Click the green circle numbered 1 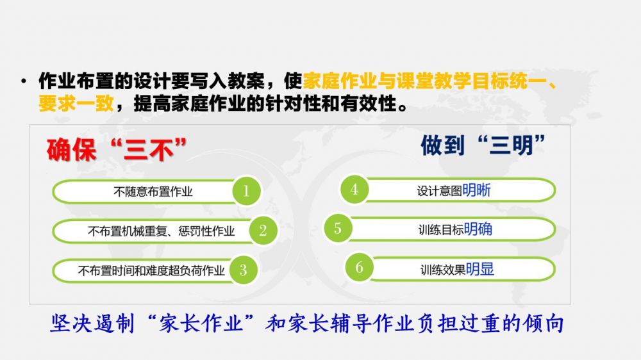click(247, 191)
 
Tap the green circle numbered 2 click(263, 231)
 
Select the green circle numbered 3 click(243, 270)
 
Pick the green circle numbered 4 click(354, 189)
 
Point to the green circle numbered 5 click(338, 228)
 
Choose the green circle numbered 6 click(360, 268)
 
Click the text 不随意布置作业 click(153, 192)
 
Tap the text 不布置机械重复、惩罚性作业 click(161, 231)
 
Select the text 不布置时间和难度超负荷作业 click(151, 270)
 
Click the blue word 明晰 click(476, 190)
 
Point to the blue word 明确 click(478, 229)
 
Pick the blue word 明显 click(480, 269)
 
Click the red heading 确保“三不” click(117, 150)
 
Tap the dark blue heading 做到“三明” click(483, 145)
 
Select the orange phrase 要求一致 click(76, 103)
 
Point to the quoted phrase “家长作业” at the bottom click(200, 323)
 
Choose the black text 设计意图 click(440, 191)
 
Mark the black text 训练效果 click(443, 270)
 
